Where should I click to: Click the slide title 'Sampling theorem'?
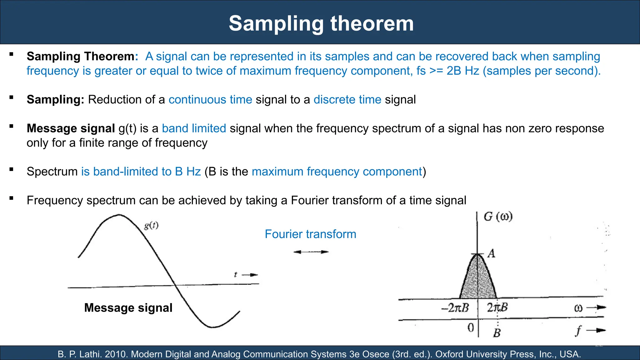pos(321,23)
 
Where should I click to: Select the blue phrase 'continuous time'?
pos(210,100)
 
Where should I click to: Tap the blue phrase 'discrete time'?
pos(347,100)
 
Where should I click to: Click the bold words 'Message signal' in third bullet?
pos(71,128)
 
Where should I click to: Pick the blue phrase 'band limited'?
pos(194,128)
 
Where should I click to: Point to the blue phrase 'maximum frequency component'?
pos(337,172)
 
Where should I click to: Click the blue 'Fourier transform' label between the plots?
pos(310,234)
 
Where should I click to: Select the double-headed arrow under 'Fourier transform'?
pos(311,252)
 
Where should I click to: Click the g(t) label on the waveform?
pos(151,225)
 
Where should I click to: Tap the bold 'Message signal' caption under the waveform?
pos(128,308)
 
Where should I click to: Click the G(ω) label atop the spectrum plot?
pos(498,217)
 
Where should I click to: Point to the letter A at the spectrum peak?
pos(492,253)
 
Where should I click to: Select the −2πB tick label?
pos(455,308)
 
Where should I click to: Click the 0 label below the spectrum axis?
pos(471,327)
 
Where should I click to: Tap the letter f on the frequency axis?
pos(578,331)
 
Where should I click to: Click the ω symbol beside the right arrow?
pos(578,308)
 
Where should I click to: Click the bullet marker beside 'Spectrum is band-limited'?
pos(12,170)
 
